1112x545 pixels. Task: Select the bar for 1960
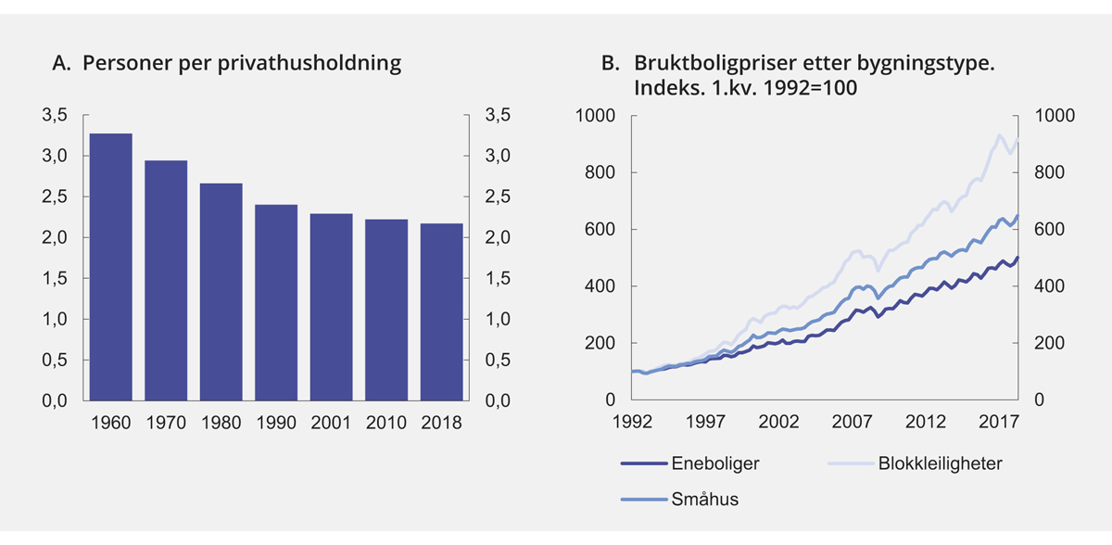[x=110, y=267]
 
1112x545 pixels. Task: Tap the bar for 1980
[x=221, y=292]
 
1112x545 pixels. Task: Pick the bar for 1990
[x=275, y=302]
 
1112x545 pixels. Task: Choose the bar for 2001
[x=331, y=307]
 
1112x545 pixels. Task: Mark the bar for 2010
[x=386, y=310]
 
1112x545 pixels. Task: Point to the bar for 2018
[x=441, y=311]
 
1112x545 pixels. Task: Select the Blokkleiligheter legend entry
[x=939, y=464]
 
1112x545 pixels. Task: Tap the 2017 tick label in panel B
[x=996, y=423]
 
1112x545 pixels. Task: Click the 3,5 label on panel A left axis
[x=56, y=116]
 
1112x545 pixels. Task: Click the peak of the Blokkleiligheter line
[x=999, y=135]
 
